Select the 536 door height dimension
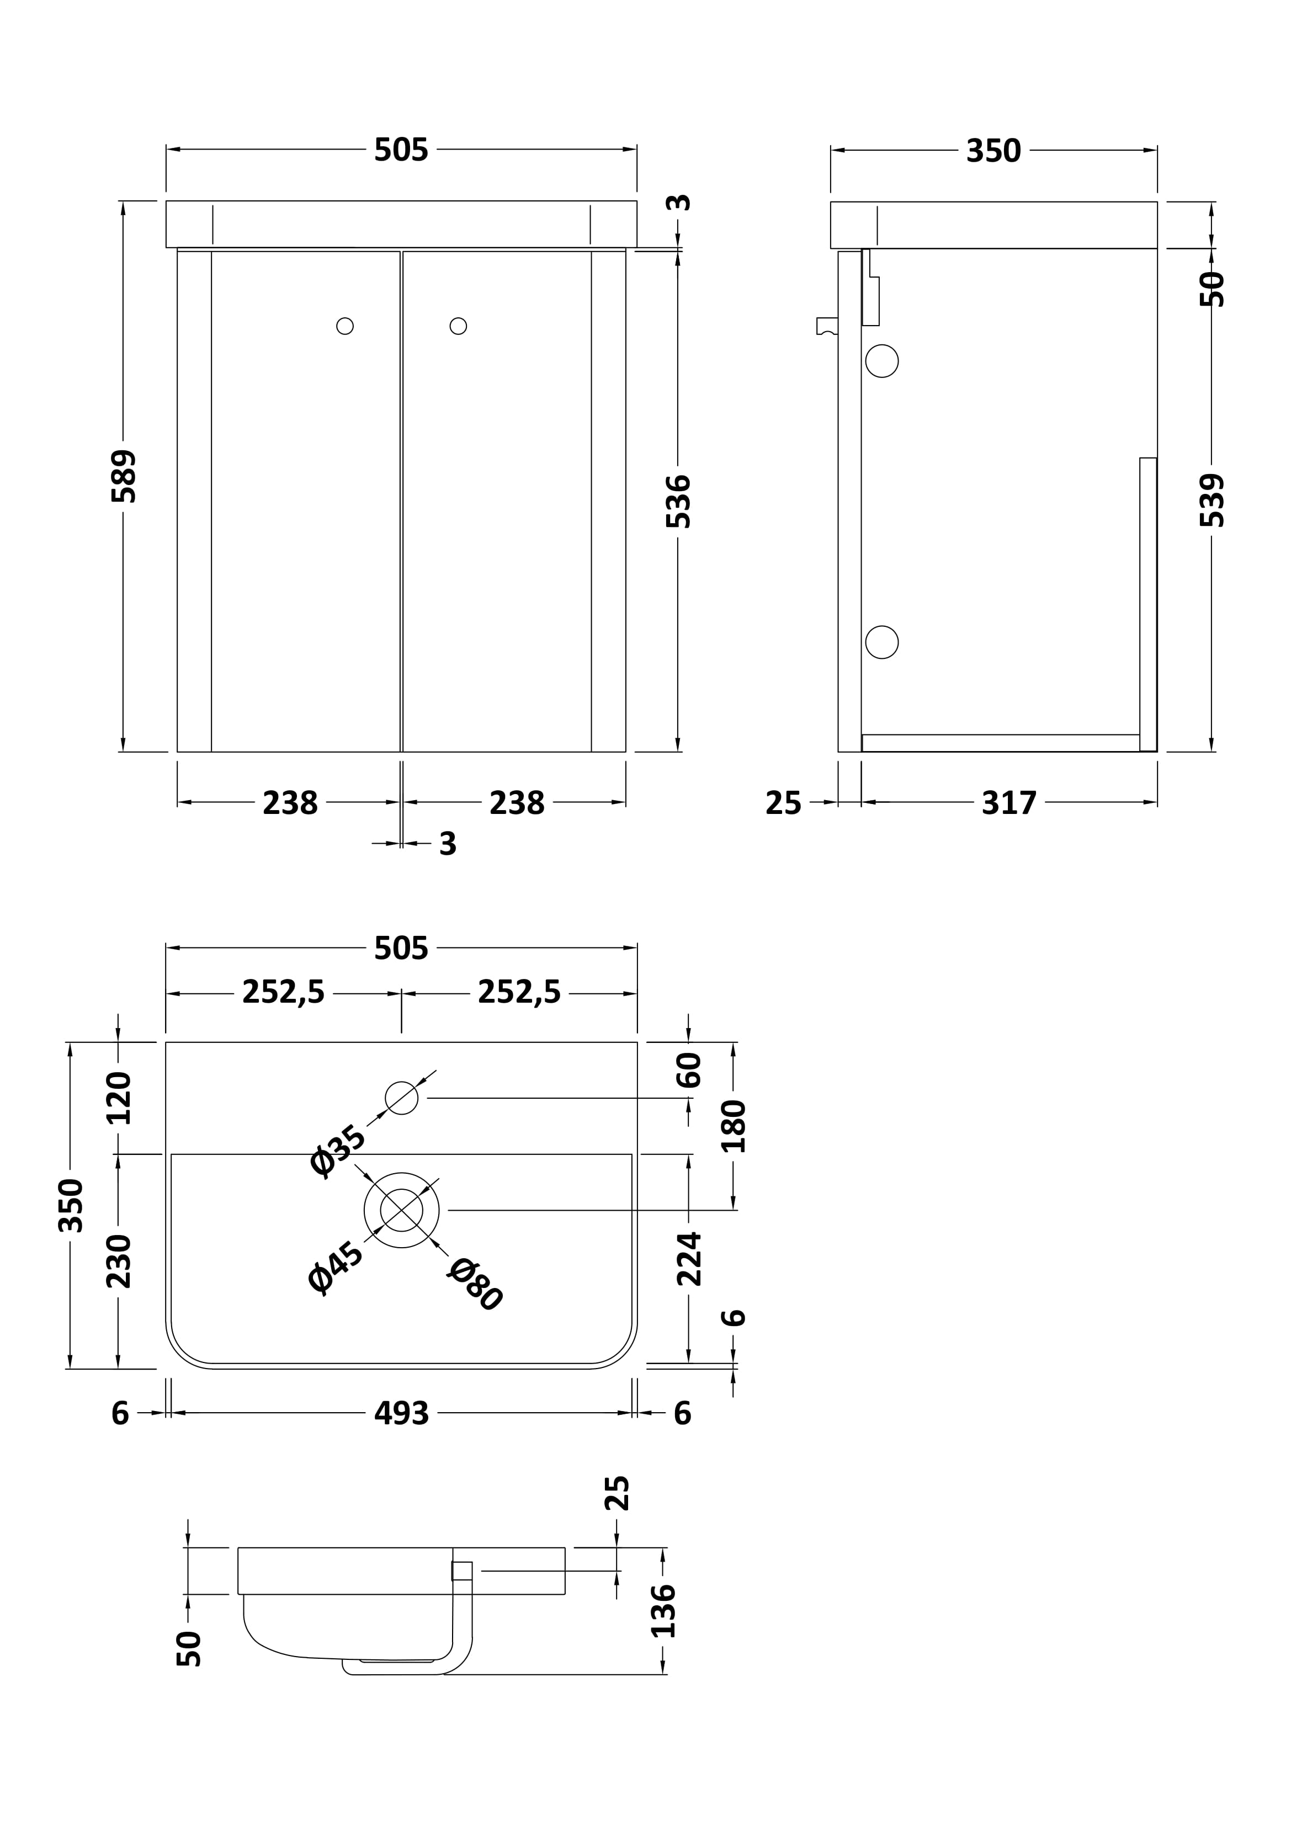pos(678,501)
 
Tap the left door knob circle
pos(344,326)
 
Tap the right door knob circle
pos(458,326)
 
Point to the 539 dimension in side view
pos(1212,501)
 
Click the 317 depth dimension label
pos(1008,803)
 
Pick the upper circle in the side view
pos(881,361)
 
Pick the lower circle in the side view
pos(881,642)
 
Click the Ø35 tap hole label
pos(338,1150)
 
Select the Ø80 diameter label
pos(475,1284)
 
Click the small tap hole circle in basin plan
pos(402,1098)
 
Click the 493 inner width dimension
pos(402,1413)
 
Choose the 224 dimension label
pos(689,1258)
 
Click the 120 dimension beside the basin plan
pos(119,1098)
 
